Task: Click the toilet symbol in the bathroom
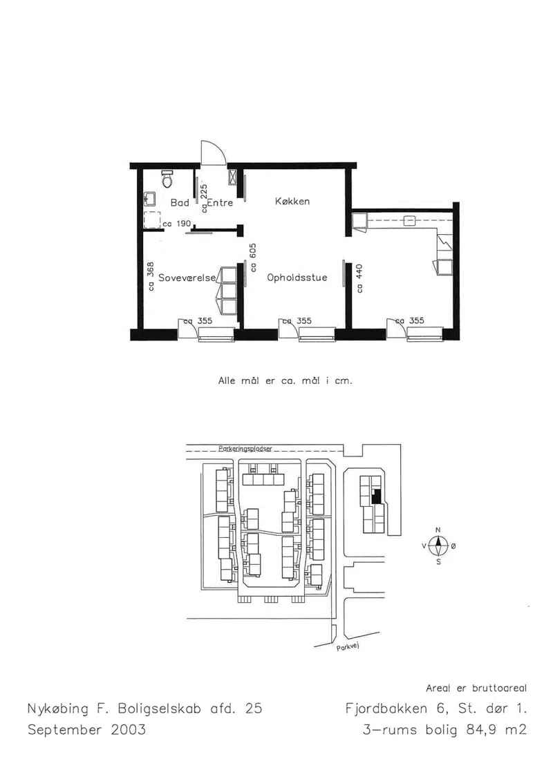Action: point(167,179)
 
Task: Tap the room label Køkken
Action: point(292,201)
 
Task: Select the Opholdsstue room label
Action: point(297,278)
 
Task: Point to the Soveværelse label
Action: point(187,278)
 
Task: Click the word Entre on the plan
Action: point(220,203)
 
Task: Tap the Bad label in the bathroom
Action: point(180,203)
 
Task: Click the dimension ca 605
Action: point(253,257)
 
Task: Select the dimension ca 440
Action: point(359,278)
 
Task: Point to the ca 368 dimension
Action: point(150,276)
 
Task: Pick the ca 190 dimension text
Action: point(177,224)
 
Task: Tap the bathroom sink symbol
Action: point(149,200)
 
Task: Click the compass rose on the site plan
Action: point(438,546)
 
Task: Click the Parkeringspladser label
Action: point(245,449)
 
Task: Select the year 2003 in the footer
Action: point(129,730)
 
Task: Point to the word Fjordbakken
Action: point(386,708)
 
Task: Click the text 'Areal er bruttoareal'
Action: point(476,688)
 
